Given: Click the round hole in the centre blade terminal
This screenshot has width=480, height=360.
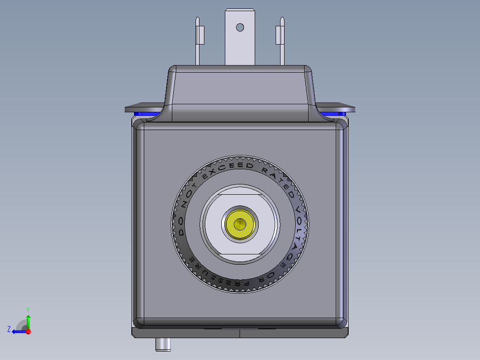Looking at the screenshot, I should (240, 27).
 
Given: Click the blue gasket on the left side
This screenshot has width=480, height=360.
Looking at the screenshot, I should (145, 114).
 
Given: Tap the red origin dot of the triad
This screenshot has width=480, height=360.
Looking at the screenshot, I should (28, 331).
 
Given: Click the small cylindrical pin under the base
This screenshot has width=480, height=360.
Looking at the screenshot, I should (163, 344).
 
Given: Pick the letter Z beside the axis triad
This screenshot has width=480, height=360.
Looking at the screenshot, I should (9, 329).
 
